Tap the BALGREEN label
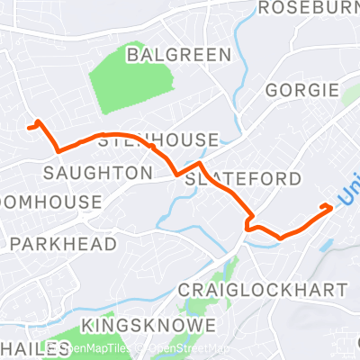coord(179,55)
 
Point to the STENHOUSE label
coord(158,140)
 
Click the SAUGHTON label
coord(99,171)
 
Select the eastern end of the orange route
coord(330,207)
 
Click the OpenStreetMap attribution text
coord(189,348)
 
